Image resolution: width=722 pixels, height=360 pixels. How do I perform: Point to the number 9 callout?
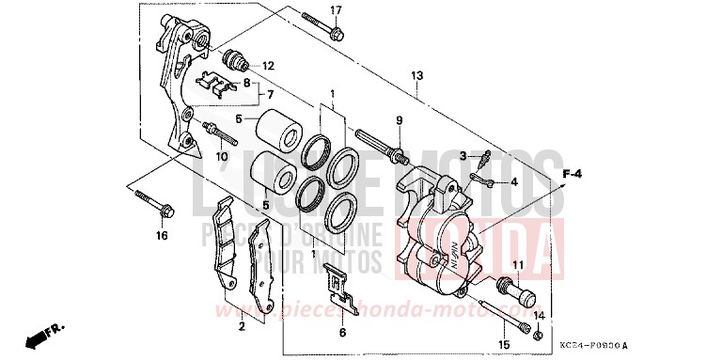point(399,119)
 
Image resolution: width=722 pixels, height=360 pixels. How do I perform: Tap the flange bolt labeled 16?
point(154,204)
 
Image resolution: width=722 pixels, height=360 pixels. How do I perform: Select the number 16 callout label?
point(161,236)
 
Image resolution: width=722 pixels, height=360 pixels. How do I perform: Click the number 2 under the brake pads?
point(242,326)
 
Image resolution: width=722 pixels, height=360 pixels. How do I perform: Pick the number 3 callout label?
point(463,156)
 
